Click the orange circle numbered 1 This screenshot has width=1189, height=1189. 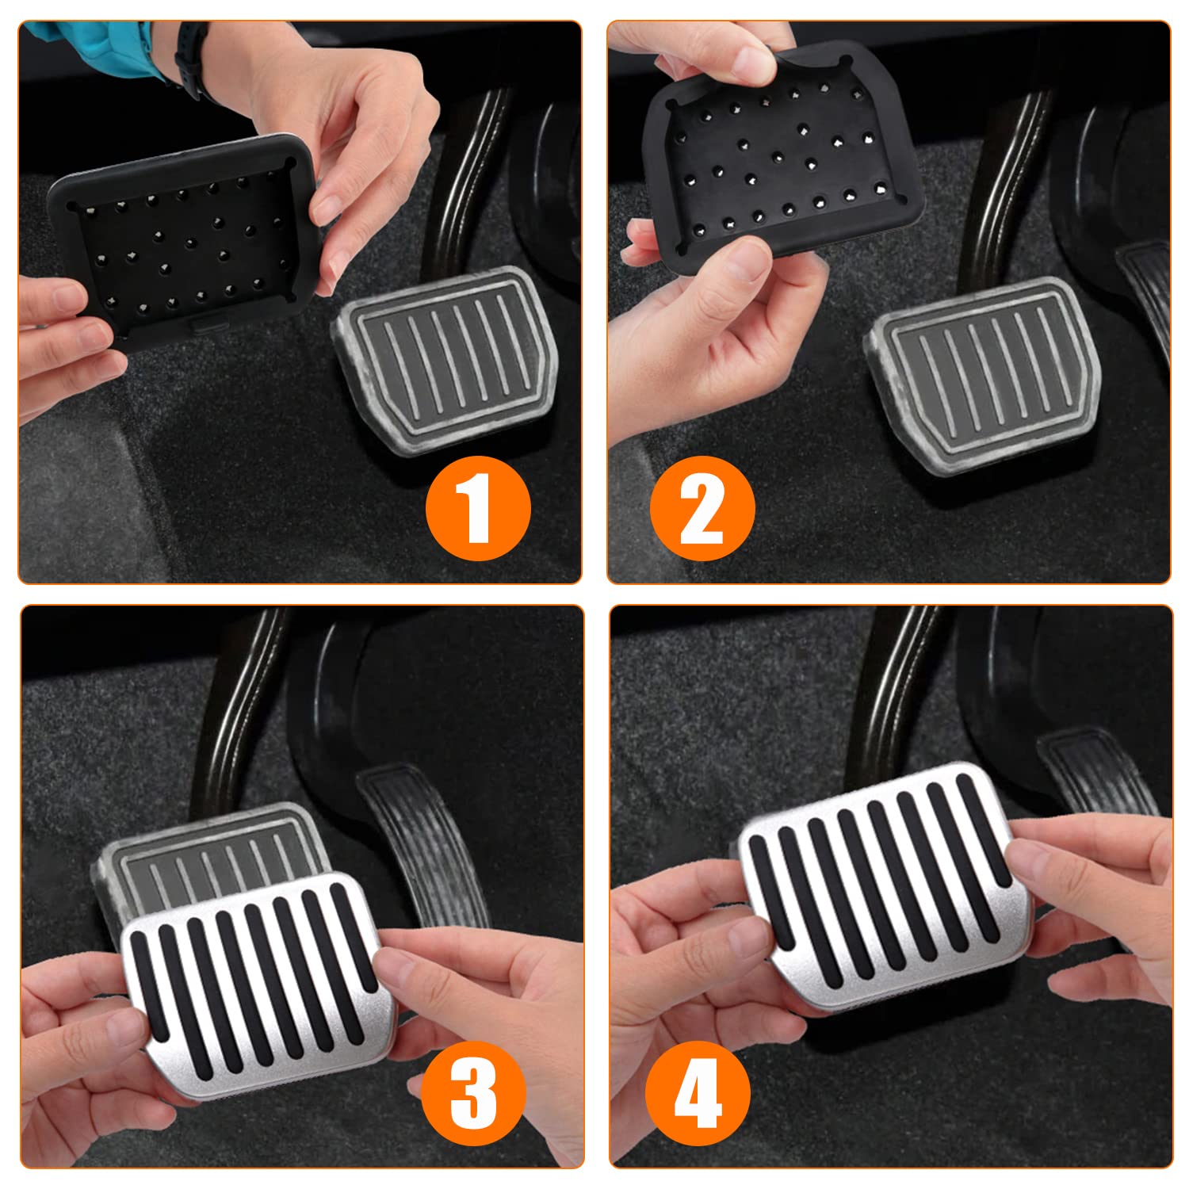coord(478,509)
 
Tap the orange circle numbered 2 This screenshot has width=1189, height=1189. coord(702,509)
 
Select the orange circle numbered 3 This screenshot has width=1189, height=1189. coord(474,1094)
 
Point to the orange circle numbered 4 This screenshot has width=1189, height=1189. coord(698,1094)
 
